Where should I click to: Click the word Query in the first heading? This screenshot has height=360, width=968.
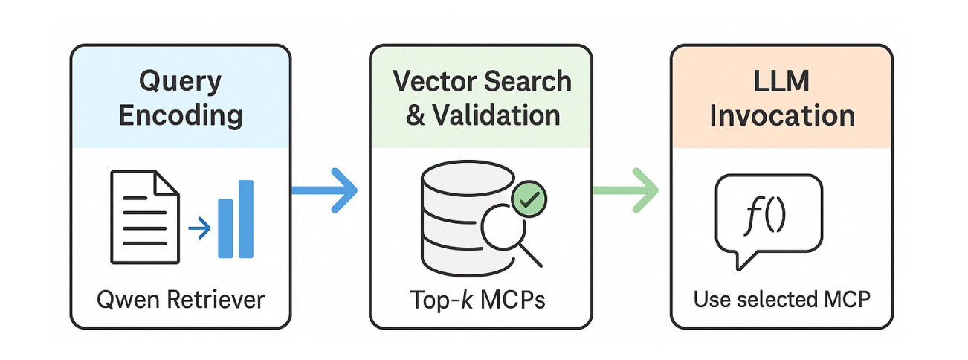pyautogui.click(x=180, y=81)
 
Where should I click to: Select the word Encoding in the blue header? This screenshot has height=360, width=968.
pyautogui.click(x=181, y=115)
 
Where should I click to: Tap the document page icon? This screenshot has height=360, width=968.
pyautogui.click(x=143, y=216)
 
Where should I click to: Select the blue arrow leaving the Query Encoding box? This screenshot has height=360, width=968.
pyautogui.click(x=324, y=191)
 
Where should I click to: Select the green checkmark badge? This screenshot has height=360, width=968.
pyautogui.click(x=529, y=198)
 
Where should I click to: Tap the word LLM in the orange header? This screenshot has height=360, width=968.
pyautogui.click(x=781, y=81)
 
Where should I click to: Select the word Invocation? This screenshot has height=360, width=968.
pyautogui.click(x=781, y=115)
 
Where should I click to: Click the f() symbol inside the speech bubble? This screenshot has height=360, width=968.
pyautogui.click(x=767, y=215)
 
